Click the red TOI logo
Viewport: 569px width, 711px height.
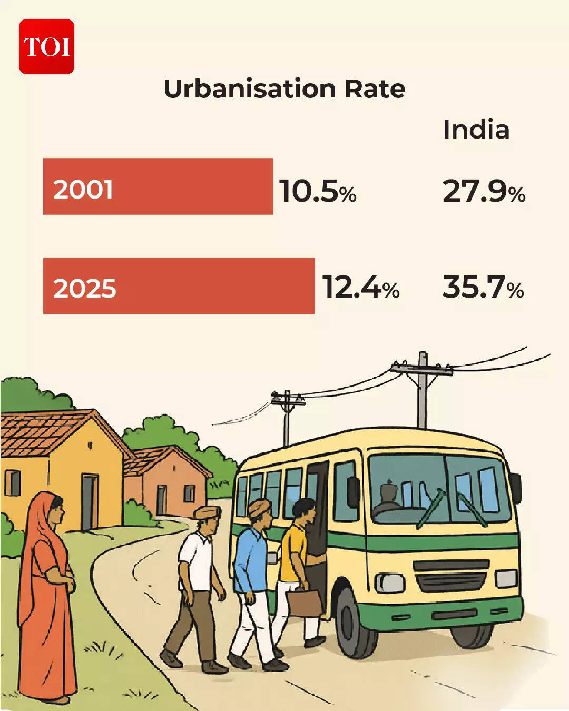(x=46, y=46)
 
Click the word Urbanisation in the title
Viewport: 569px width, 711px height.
(x=249, y=88)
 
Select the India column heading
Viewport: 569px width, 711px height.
(x=476, y=130)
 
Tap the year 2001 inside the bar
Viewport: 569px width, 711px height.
(x=83, y=189)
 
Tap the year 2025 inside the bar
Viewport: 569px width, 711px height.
(x=84, y=288)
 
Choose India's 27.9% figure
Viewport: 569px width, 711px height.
(x=484, y=191)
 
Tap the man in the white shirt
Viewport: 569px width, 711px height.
(x=195, y=585)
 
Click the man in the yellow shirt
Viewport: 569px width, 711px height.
(x=294, y=558)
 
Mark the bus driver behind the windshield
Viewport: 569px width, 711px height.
(x=388, y=500)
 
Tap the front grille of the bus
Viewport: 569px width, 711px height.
(x=451, y=576)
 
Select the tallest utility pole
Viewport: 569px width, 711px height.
(x=422, y=390)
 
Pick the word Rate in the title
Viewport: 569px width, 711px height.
(x=375, y=88)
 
